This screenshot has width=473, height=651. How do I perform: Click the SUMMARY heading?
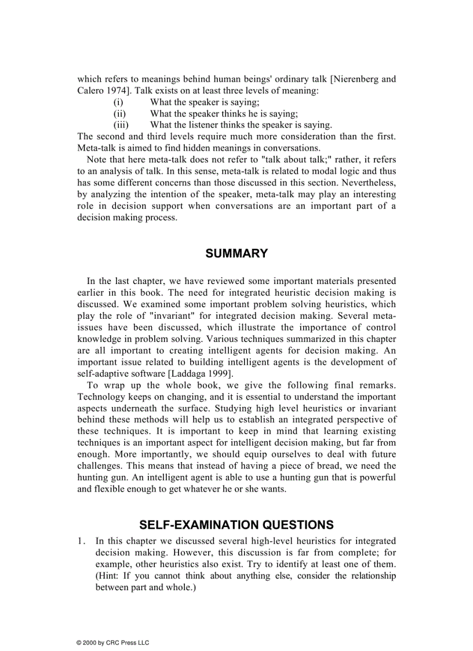click(237, 253)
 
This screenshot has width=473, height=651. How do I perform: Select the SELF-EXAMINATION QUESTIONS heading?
click(237, 525)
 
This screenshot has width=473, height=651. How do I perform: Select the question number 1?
click(82, 541)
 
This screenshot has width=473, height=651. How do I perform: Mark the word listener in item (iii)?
click(201, 125)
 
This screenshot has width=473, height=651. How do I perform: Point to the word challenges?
click(100, 466)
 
